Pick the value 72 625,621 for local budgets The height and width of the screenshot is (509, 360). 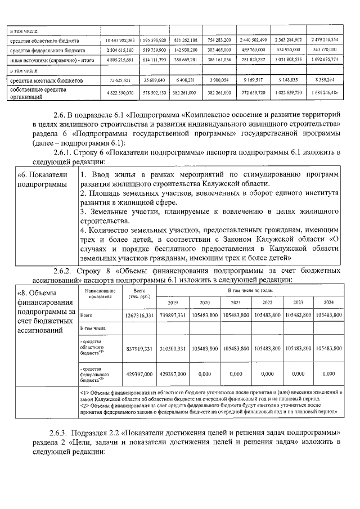click(x=119, y=80)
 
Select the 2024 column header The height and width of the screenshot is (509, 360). click(x=328, y=303)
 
